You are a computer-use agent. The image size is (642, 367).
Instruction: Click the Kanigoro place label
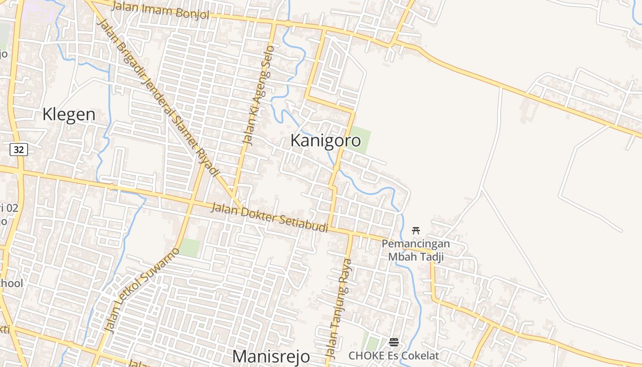[326, 141]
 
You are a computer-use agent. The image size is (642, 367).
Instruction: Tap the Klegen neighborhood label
[69, 115]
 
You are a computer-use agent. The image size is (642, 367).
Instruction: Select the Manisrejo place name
[271, 356]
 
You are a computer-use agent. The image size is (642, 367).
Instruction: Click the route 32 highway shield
[19, 149]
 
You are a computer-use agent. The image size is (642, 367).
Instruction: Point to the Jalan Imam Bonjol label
[160, 11]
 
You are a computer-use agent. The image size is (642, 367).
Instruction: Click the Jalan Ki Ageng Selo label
[258, 95]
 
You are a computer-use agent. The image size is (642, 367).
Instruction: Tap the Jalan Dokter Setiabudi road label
[269, 218]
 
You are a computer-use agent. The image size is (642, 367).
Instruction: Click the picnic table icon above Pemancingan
[416, 230]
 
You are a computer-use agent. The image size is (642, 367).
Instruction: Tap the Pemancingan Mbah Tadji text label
[416, 250]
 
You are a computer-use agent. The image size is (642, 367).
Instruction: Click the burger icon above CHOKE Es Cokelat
[393, 342]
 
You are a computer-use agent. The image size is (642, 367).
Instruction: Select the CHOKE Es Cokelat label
[393, 356]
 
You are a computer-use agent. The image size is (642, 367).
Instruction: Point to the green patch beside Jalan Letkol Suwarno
[190, 248]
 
